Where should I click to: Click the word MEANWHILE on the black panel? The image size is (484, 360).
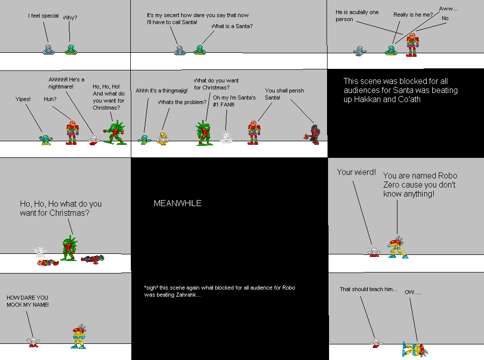(x=177, y=204)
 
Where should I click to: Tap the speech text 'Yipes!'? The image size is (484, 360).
(x=23, y=99)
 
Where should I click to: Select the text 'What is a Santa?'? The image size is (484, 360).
(x=232, y=26)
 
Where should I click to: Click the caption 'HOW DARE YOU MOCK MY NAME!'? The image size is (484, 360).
(x=28, y=301)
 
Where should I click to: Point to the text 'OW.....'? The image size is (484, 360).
(x=413, y=292)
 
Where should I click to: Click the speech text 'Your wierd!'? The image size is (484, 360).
(x=356, y=172)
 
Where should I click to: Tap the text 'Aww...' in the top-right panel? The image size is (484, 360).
(x=449, y=9)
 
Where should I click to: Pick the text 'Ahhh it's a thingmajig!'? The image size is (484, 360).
(x=162, y=91)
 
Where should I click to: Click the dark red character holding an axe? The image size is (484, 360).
(x=314, y=135)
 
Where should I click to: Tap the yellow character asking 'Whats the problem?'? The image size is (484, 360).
(x=162, y=139)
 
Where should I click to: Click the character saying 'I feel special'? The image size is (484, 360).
(x=48, y=50)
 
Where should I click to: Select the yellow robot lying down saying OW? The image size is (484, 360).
(x=415, y=347)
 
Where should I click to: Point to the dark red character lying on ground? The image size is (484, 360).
(x=93, y=259)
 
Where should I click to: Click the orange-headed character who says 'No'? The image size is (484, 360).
(x=412, y=45)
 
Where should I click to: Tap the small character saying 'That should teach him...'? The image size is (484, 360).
(x=375, y=343)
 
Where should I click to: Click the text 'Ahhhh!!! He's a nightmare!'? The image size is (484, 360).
(x=66, y=83)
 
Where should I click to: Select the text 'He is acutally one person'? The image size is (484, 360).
(x=357, y=16)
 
